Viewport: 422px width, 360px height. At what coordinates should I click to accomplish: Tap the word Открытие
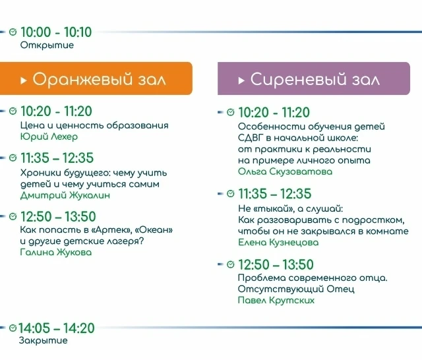click(x=47, y=45)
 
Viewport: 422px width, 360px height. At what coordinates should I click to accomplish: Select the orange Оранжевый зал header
click(x=96, y=78)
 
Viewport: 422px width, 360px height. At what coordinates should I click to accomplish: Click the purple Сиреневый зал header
click(x=314, y=78)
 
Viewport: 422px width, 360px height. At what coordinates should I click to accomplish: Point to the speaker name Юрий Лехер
click(x=49, y=136)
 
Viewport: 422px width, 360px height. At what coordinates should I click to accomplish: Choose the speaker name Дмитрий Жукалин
click(x=65, y=195)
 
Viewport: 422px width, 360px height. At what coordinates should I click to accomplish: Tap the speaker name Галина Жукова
click(x=56, y=252)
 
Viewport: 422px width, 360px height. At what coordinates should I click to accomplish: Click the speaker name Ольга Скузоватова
click(x=285, y=171)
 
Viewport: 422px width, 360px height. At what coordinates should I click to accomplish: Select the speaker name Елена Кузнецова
click(x=278, y=243)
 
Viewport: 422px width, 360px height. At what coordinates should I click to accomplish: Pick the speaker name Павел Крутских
click(x=276, y=300)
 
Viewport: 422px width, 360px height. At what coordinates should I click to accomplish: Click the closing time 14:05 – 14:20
click(x=57, y=328)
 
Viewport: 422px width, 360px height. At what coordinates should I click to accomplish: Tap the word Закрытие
click(x=43, y=340)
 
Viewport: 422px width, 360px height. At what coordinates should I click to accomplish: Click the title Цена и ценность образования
click(x=94, y=125)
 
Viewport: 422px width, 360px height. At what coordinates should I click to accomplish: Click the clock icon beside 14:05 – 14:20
click(x=13, y=328)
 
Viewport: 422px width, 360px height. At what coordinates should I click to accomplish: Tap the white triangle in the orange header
click(x=24, y=80)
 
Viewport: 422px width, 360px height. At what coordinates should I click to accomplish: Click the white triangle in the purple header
click(x=241, y=80)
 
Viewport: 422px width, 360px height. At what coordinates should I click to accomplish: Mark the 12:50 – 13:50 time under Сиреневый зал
click(x=276, y=264)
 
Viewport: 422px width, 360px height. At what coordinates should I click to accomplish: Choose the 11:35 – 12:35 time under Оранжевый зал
click(x=57, y=158)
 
